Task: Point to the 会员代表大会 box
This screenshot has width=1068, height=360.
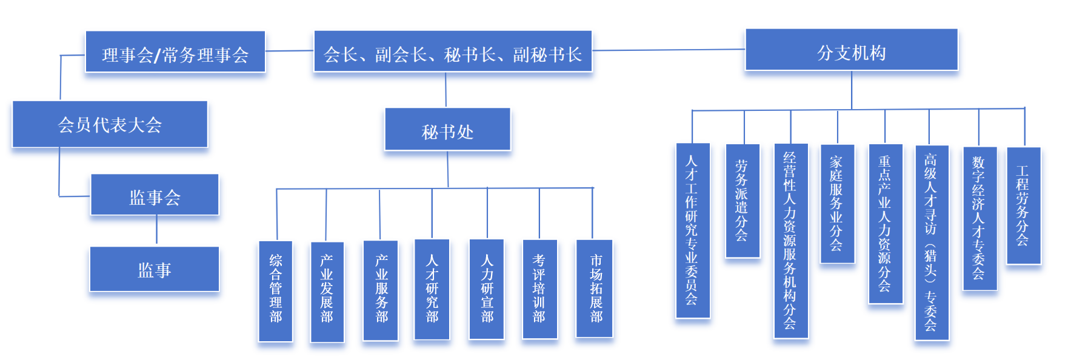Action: [x=110, y=124]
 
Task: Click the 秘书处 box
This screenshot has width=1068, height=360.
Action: [x=447, y=130]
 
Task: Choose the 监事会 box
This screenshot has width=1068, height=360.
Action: [x=155, y=195]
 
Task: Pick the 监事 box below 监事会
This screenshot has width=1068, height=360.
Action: [x=155, y=269]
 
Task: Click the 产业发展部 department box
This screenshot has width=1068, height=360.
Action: [x=327, y=292]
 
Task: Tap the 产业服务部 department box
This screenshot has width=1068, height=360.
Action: [x=381, y=290]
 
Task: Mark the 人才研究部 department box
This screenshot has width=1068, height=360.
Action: [x=432, y=289]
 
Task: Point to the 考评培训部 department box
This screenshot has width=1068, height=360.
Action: [x=539, y=289]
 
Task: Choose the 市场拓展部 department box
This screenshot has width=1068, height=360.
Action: [x=594, y=288]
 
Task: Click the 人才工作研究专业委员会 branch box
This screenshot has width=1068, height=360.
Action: [x=693, y=230]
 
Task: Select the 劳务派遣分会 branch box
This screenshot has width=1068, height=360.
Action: [x=743, y=201]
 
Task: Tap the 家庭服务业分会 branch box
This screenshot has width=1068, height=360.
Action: [x=837, y=204]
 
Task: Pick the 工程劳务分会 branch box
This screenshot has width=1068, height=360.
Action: [x=1023, y=205]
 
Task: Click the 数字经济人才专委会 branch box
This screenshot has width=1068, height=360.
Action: [x=980, y=218]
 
